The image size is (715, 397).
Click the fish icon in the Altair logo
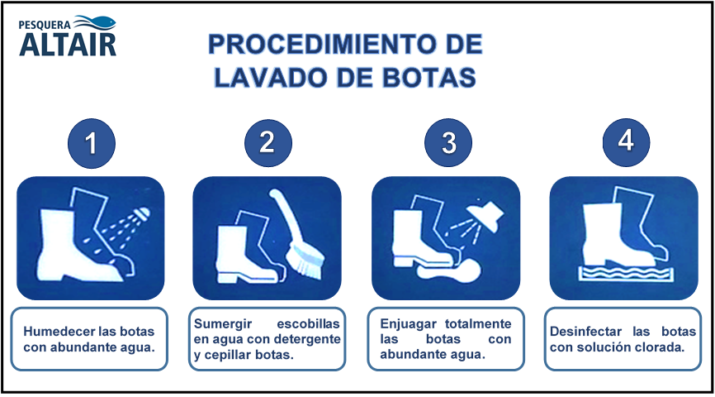[x=95, y=22]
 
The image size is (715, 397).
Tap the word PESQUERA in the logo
[x=45, y=26]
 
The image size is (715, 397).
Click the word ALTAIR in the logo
[x=68, y=45]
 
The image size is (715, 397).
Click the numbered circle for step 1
[x=91, y=143]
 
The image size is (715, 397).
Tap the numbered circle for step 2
[x=268, y=142]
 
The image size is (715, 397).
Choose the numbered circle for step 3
[x=448, y=142]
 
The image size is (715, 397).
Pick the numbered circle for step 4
[x=626, y=141]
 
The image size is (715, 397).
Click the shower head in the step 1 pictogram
[x=142, y=214]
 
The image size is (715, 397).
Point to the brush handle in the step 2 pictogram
[x=286, y=215]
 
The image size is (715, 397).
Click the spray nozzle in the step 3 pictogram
[x=486, y=215]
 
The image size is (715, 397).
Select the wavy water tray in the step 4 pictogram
[x=627, y=274]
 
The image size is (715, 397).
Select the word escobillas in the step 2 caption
[x=308, y=324]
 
